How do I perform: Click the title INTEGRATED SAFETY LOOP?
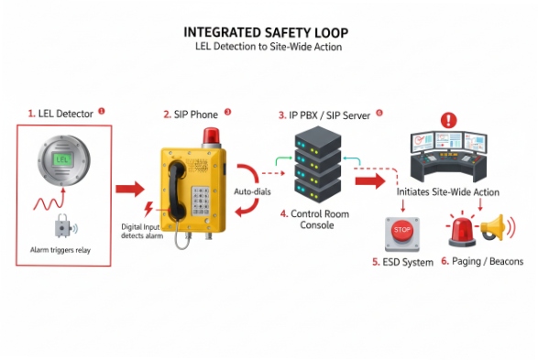[x=265, y=33]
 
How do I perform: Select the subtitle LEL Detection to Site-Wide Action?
[x=265, y=47]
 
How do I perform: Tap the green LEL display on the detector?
[x=63, y=158]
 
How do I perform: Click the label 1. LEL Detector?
[x=61, y=114]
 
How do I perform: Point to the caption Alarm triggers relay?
[x=61, y=249]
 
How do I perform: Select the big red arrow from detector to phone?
[x=131, y=190]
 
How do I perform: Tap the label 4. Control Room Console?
[x=317, y=220]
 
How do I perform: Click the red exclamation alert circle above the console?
[x=448, y=120]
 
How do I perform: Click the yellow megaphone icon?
[x=493, y=228]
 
